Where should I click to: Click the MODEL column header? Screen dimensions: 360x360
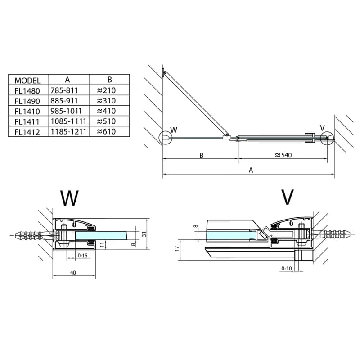tap(27, 81)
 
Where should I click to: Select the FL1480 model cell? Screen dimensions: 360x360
tap(27, 91)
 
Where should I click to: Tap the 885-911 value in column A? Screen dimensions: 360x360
tap(64, 100)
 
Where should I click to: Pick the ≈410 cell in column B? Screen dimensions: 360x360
tap(106, 111)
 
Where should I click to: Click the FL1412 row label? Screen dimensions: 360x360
tap(27, 132)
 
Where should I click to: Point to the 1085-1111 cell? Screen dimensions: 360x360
tap(68, 121)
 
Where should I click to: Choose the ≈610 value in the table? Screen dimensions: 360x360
tap(106, 131)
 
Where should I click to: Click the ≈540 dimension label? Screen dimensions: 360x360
tap(283, 155)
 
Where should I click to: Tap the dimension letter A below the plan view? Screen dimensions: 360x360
tap(251, 170)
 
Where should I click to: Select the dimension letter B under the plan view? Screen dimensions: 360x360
tap(201, 155)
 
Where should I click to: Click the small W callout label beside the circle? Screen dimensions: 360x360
tap(174, 130)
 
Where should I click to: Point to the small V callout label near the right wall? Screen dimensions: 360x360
tap(322, 128)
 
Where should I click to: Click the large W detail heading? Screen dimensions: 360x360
tap(69, 198)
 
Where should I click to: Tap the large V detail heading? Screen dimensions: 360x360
tap(287, 197)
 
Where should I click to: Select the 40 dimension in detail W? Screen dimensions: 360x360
tap(73, 273)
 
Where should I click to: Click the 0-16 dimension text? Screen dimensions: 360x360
tap(82, 255)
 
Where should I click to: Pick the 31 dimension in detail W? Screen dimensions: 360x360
tap(144, 234)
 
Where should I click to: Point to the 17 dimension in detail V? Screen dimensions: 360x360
tap(176, 248)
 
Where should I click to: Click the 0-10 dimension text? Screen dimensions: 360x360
tap(286, 268)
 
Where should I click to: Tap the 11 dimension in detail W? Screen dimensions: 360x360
tap(103, 244)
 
